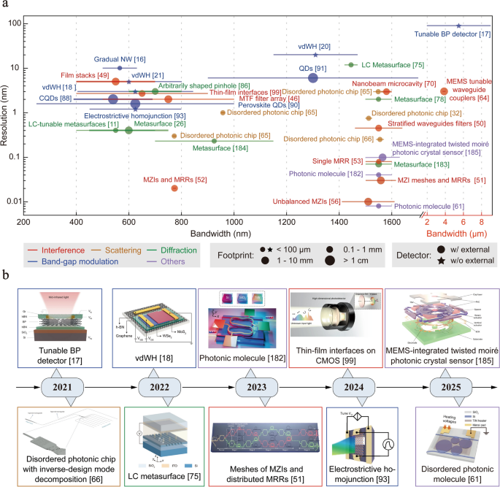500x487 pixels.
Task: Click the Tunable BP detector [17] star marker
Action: (x=458, y=26)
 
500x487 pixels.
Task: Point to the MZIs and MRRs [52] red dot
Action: (x=174, y=188)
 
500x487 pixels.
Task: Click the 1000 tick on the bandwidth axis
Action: (x=234, y=220)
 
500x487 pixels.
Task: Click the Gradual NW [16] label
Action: (x=120, y=58)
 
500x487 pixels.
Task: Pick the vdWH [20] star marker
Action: (x=315, y=55)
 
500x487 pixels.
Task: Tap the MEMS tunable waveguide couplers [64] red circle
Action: (x=445, y=91)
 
